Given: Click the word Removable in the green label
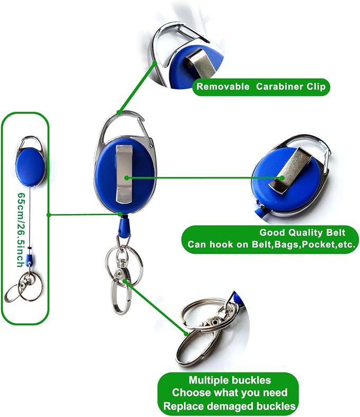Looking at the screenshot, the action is coord(223,87).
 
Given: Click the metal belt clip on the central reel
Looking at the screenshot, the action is coord(124,175).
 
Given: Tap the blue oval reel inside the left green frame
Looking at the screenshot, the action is coord(30,167).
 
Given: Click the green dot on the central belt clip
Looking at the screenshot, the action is coord(127,178).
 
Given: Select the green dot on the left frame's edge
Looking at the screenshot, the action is coord(49,215).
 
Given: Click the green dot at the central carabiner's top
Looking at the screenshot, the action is coord(119,112).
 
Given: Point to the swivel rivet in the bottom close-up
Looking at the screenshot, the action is coord(214,322).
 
